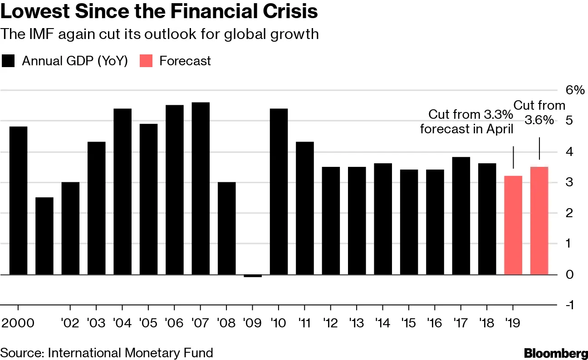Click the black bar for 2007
(x=201, y=188)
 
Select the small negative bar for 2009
(x=253, y=276)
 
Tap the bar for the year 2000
(x=18, y=200)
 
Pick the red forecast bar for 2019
(x=513, y=225)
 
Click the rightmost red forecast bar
(x=539, y=220)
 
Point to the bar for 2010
(x=279, y=191)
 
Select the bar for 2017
(x=461, y=215)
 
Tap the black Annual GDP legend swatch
(x=9, y=61)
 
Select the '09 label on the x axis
(x=252, y=323)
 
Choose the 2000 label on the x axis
(x=18, y=323)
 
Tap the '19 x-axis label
(x=513, y=323)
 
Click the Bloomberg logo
(x=556, y=353)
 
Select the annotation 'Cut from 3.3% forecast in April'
(x=467, y=122)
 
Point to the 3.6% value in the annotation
(x=539, y=120)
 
